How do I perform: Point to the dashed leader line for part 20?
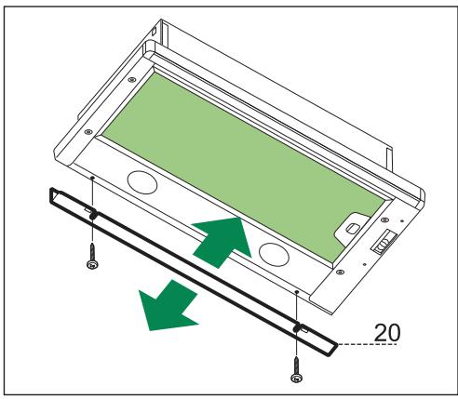click(x=372, y=344)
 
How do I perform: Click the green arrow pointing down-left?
click(x=167, y=306)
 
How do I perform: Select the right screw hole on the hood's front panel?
click(x=297, y=292)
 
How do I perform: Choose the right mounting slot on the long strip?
click(x=297, y=328)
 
